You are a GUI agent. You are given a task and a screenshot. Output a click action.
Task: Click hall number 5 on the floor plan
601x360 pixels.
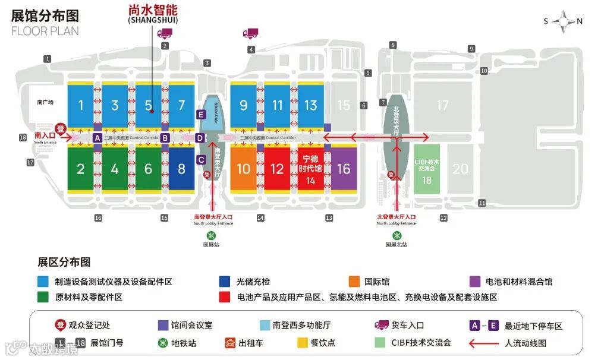(x=149, y=106)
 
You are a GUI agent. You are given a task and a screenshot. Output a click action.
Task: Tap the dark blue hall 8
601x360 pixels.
(x=181, y=169)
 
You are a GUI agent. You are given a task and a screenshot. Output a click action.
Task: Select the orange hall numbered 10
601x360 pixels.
(x=244, y=169)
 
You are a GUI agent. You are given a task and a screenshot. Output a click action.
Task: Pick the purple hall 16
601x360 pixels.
(x=344, y=169)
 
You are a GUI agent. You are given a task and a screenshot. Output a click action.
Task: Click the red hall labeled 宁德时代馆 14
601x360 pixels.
(x=310, y=169)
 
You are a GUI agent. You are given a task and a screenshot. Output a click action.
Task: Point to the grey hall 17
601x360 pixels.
(x=442, y=105)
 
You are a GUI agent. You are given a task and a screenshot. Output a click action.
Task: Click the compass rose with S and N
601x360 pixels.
(x=562, y=22)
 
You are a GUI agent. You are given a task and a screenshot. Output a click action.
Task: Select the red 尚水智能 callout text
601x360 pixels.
(x=153, y=11)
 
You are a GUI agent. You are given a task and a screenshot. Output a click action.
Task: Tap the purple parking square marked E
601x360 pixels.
(x=201, y=114)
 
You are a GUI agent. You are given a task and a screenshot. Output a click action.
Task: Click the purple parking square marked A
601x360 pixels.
(x=97, y=138)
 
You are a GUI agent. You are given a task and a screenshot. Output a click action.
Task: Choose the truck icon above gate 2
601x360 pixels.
(x=165, y=33)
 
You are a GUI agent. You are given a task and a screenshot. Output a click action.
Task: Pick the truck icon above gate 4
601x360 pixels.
(x=251, y=33)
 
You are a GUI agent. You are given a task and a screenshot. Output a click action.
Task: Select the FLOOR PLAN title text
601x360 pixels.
(x=45, y=31)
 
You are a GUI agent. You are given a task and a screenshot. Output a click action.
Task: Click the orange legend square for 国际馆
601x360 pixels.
(x=354, y=282)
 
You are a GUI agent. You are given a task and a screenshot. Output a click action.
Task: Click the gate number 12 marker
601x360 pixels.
(x=443, y=218)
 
